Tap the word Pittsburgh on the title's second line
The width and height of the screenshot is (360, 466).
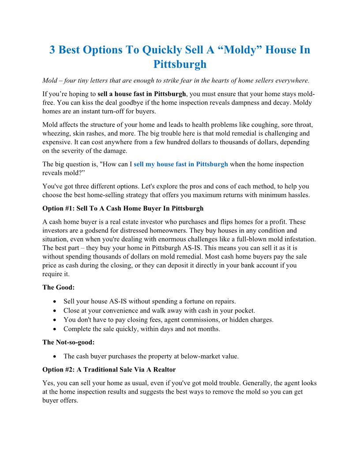[180, 64]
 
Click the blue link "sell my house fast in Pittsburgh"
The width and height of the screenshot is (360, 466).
[181, 164]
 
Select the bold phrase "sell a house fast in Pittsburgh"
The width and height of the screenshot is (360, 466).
[142, 94]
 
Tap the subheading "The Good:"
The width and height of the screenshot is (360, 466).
[59, 287]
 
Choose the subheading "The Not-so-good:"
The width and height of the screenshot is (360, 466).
[68, 342]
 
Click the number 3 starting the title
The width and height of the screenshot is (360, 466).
[52, 50]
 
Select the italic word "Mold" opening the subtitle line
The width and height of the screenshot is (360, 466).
[50, 81]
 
